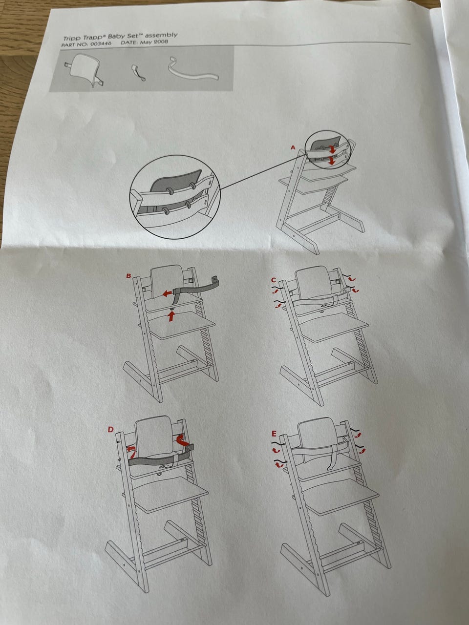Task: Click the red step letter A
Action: pos(293,148)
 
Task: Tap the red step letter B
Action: pos(128,276)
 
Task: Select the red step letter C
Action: pos(274,280)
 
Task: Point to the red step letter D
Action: pos(110,430)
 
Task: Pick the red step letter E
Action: pos(274,434)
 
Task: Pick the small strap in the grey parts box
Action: pos(138,73)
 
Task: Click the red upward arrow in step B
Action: pos(171,316)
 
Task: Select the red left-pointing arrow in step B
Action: pos(168,293)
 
